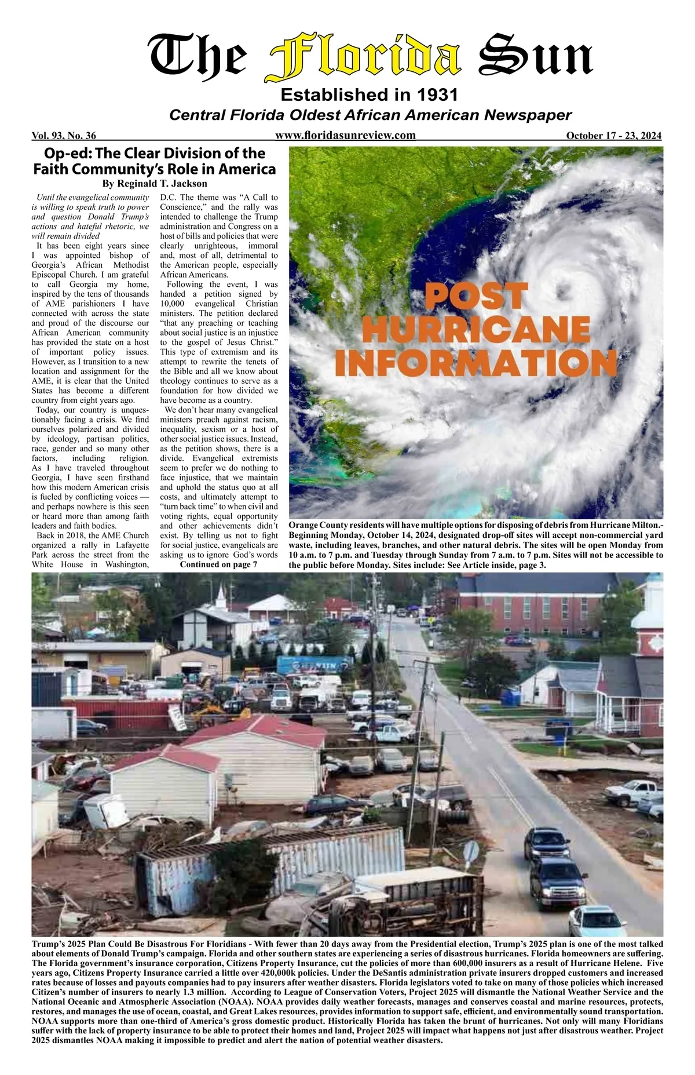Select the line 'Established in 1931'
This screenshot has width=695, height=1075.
pos(369,94)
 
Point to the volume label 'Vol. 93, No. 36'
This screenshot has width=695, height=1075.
pos(64,136)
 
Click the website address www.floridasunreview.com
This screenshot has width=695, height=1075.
pos(346,136)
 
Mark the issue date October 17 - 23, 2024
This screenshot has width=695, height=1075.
pos(613,136)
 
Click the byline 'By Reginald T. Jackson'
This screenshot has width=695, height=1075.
pos(155,184)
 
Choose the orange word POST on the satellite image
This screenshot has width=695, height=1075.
pos(475,296)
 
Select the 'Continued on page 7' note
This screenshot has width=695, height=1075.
pos(218,564)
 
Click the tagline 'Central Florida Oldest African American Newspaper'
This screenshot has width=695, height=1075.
pos(370,115)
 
